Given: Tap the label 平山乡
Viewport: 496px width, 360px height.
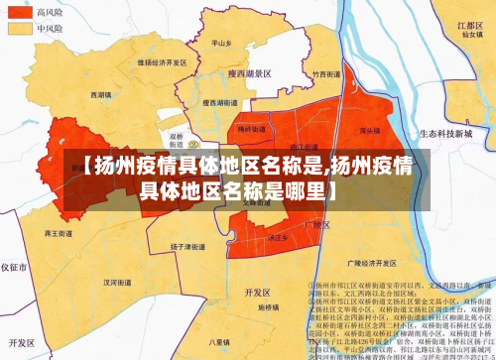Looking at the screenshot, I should pyautogui.click(x=221, y=44).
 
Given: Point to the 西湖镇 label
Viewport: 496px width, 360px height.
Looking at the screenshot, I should pyautogui.click(x=100, y=95).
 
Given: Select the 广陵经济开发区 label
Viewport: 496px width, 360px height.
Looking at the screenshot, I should pyautogui.click(x=368, y=265).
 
